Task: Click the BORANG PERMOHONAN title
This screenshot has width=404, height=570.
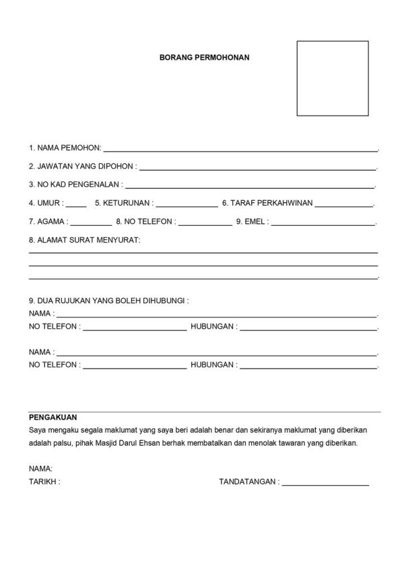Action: (x=204, y=58)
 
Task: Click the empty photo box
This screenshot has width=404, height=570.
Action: (x=332, y=78)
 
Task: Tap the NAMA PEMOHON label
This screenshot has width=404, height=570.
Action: (x=65, y=147)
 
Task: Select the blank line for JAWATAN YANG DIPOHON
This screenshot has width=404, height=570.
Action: (x=257, y=165)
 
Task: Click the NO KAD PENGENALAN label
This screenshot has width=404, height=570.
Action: (x=74, y=184)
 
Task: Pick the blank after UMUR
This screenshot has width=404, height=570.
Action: (x=77, y=203)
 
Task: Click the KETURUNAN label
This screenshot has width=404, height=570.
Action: (x=124, y=203)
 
